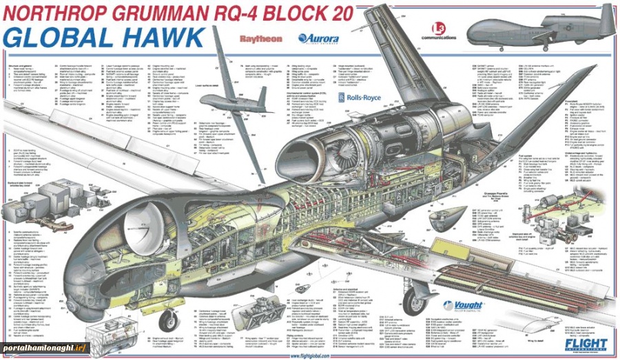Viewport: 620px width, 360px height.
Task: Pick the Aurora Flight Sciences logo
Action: [318, 39]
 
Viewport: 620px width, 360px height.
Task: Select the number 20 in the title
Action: [341, 12]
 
